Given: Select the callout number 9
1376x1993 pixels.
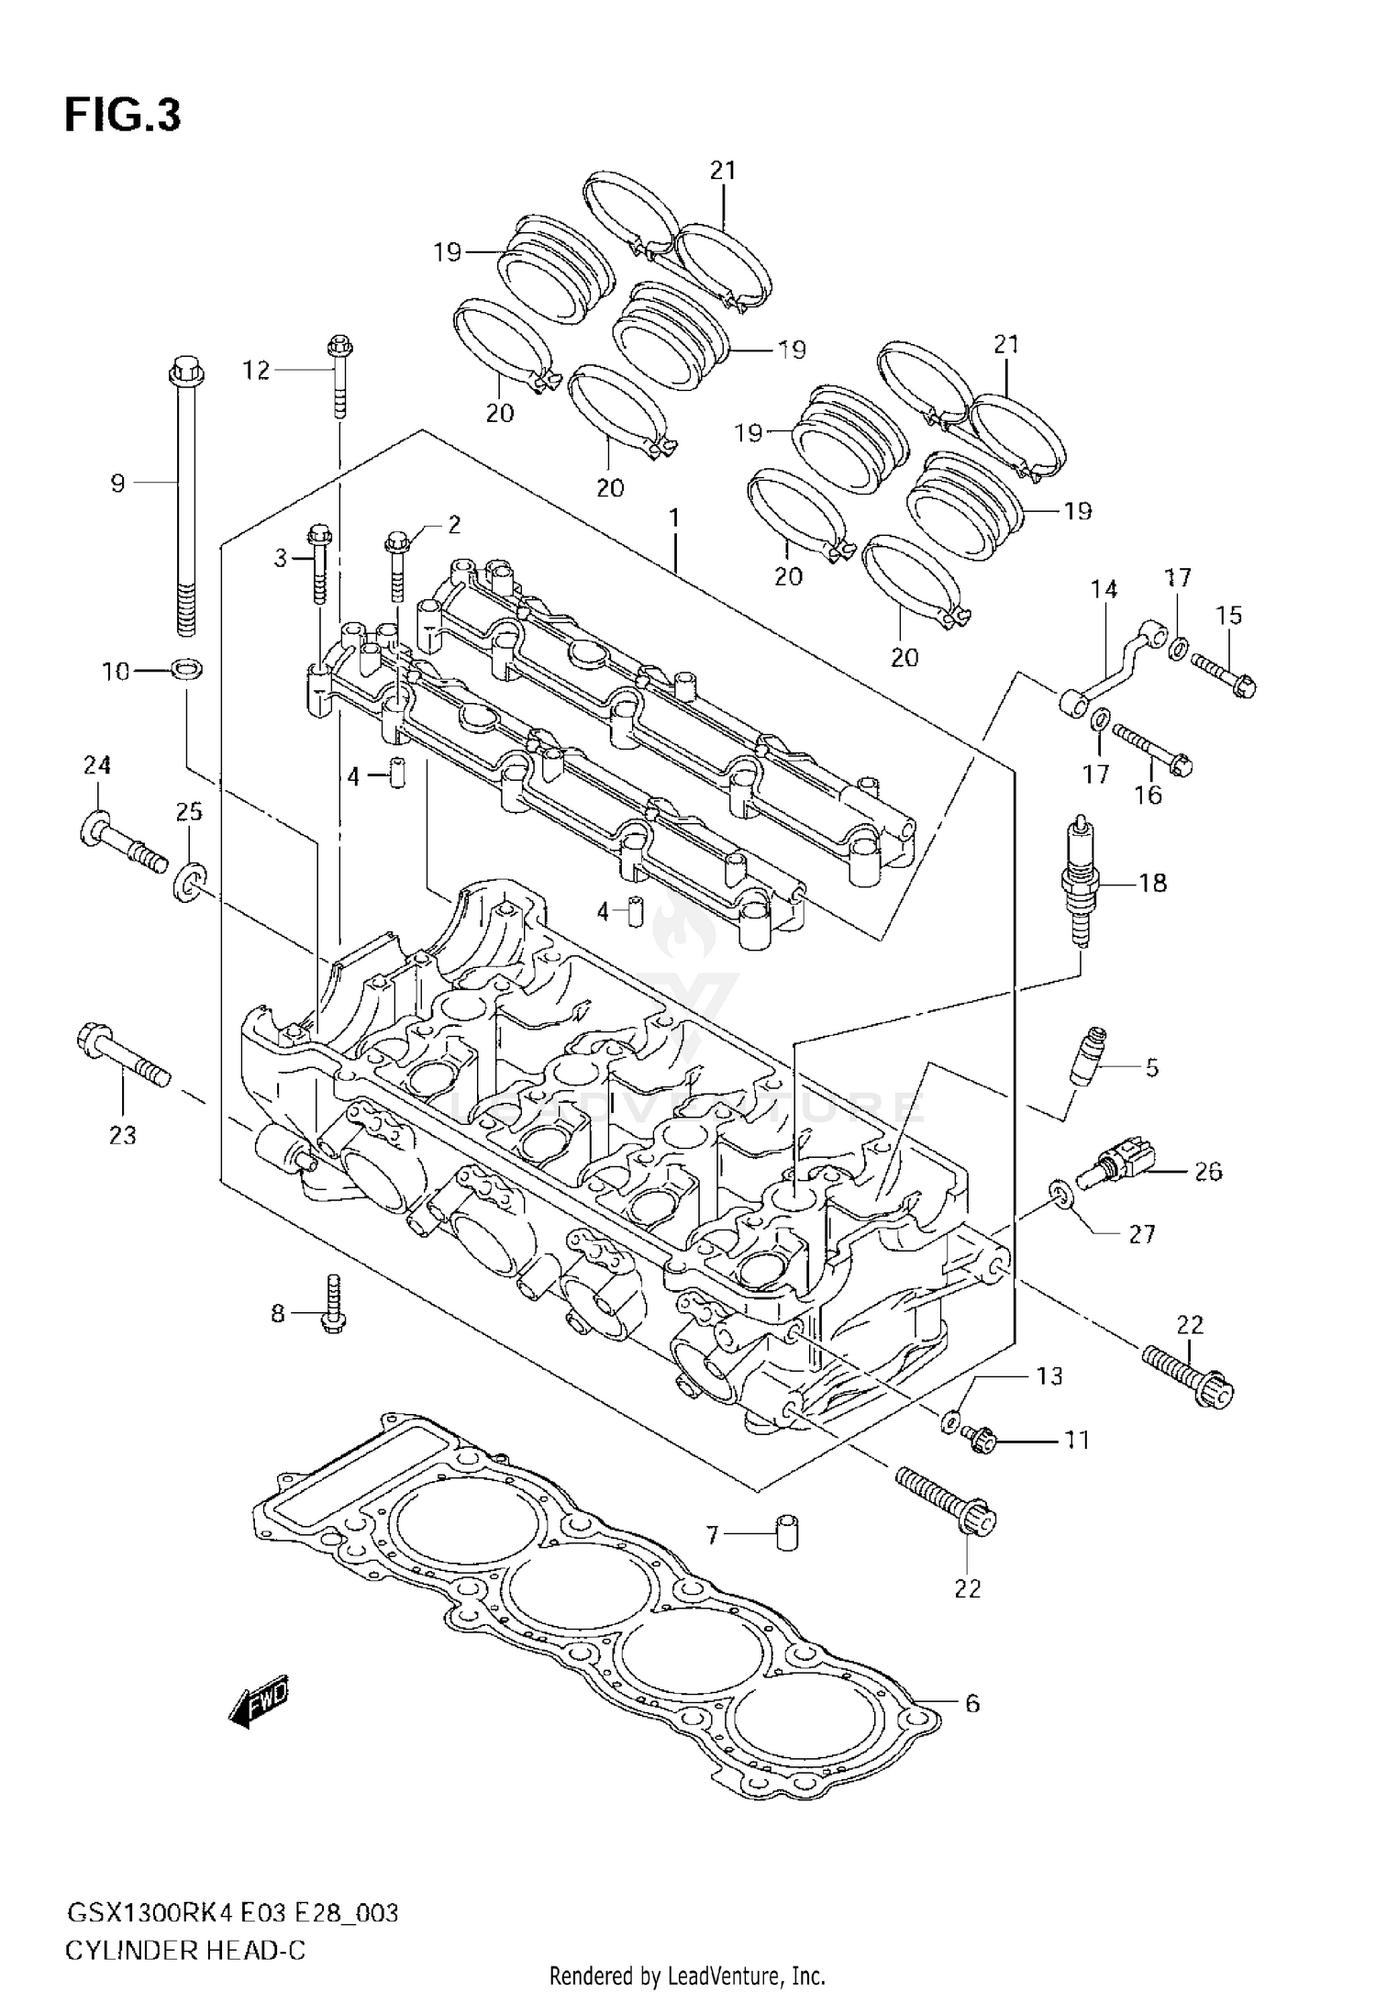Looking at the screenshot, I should (x=117, y=484).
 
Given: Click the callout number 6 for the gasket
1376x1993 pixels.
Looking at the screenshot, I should (x=972, y=1704).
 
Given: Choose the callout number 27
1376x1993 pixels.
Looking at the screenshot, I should (x=1141, y=1234).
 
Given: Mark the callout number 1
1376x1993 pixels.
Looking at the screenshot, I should (x=674, y=519).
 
